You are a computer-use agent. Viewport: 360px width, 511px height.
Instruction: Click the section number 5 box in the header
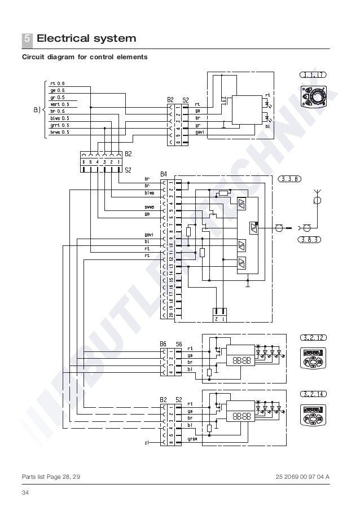click(27, 39)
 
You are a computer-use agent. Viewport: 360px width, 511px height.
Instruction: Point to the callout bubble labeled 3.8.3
click(308, 239)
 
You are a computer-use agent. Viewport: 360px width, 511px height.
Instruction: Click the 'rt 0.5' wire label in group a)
click(58, 83)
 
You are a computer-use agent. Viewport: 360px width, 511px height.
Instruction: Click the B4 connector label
click(164, 173)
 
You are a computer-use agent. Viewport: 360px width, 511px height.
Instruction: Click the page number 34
click(25, 494)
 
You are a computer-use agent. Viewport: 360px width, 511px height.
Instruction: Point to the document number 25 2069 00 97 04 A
click(302, 477)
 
